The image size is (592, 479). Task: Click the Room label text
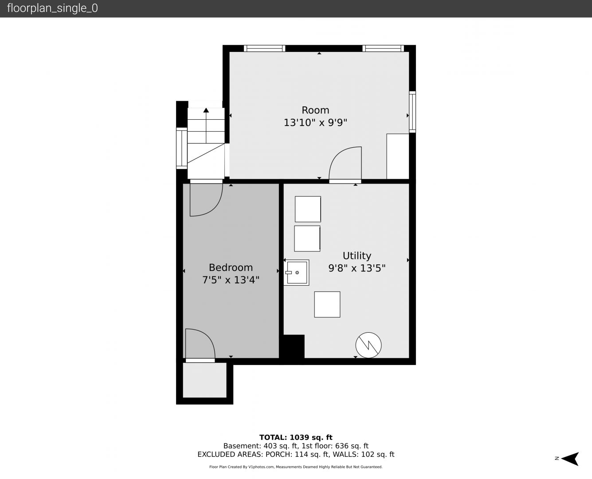(315, 110)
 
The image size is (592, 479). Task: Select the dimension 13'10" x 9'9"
(315, 122)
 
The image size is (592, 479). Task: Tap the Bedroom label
(231, 268)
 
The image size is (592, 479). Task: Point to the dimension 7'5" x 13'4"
(231, 280)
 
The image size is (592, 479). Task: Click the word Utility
(357, 256)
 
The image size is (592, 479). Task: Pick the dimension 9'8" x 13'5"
(357, 268)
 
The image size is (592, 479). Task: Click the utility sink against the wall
(296, 272)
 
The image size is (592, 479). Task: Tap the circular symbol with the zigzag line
(369, 345)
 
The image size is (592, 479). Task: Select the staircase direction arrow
(206, 126)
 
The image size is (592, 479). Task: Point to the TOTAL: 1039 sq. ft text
(296, 437)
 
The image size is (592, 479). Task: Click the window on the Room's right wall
(412, 112)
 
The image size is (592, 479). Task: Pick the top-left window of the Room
(265, 48)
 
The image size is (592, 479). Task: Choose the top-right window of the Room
(383, 48)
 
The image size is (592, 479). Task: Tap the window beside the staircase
(182, 148)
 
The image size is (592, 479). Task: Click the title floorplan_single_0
(52, 8)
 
